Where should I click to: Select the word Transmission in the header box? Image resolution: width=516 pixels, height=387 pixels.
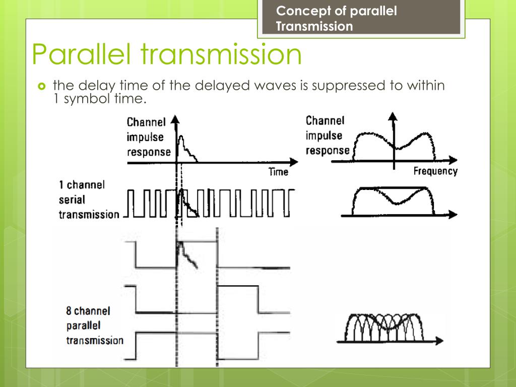pos(314,26)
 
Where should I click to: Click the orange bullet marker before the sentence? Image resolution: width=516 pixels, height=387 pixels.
pos(42,86)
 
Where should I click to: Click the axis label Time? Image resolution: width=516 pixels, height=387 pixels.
pos(278,172)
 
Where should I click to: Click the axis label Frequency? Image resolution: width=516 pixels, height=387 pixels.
pos(435,171)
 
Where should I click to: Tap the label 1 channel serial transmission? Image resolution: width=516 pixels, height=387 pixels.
pos(89,200)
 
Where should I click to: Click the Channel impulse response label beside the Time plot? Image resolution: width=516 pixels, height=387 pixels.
pos(149,137)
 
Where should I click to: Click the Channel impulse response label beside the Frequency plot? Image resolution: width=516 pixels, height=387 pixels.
pos(328,136)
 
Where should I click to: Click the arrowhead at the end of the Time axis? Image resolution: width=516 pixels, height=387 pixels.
pos(294,162)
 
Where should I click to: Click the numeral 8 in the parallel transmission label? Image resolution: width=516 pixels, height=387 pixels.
pos(69,310)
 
